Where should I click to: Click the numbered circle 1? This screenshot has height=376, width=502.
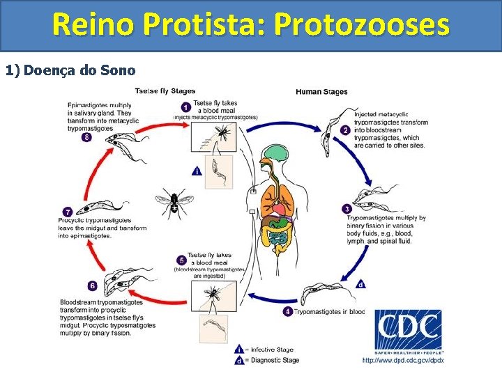(185, 107)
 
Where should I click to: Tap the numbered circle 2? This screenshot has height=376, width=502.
(345, 130)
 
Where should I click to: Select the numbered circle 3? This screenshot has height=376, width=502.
(347, 209)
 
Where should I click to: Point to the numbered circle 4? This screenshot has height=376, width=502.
(287, 311)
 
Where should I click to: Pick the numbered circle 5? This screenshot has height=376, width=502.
(182, 260)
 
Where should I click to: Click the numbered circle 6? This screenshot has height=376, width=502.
(93, 285)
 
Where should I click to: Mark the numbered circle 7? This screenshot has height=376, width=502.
(68, 212)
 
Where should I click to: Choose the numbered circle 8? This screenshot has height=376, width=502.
(86, 137)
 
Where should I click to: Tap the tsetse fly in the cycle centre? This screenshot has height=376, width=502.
(172, 203)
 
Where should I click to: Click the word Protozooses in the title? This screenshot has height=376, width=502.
(362, 26)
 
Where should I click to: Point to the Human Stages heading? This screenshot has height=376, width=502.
(321, 92)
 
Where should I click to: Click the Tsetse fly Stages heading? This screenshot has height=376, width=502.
(165, 91)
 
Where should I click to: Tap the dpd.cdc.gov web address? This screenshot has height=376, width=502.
(402, 361)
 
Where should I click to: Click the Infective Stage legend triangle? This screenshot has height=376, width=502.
(240, 350)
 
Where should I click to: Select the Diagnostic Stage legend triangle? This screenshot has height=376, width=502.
(240, 360)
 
